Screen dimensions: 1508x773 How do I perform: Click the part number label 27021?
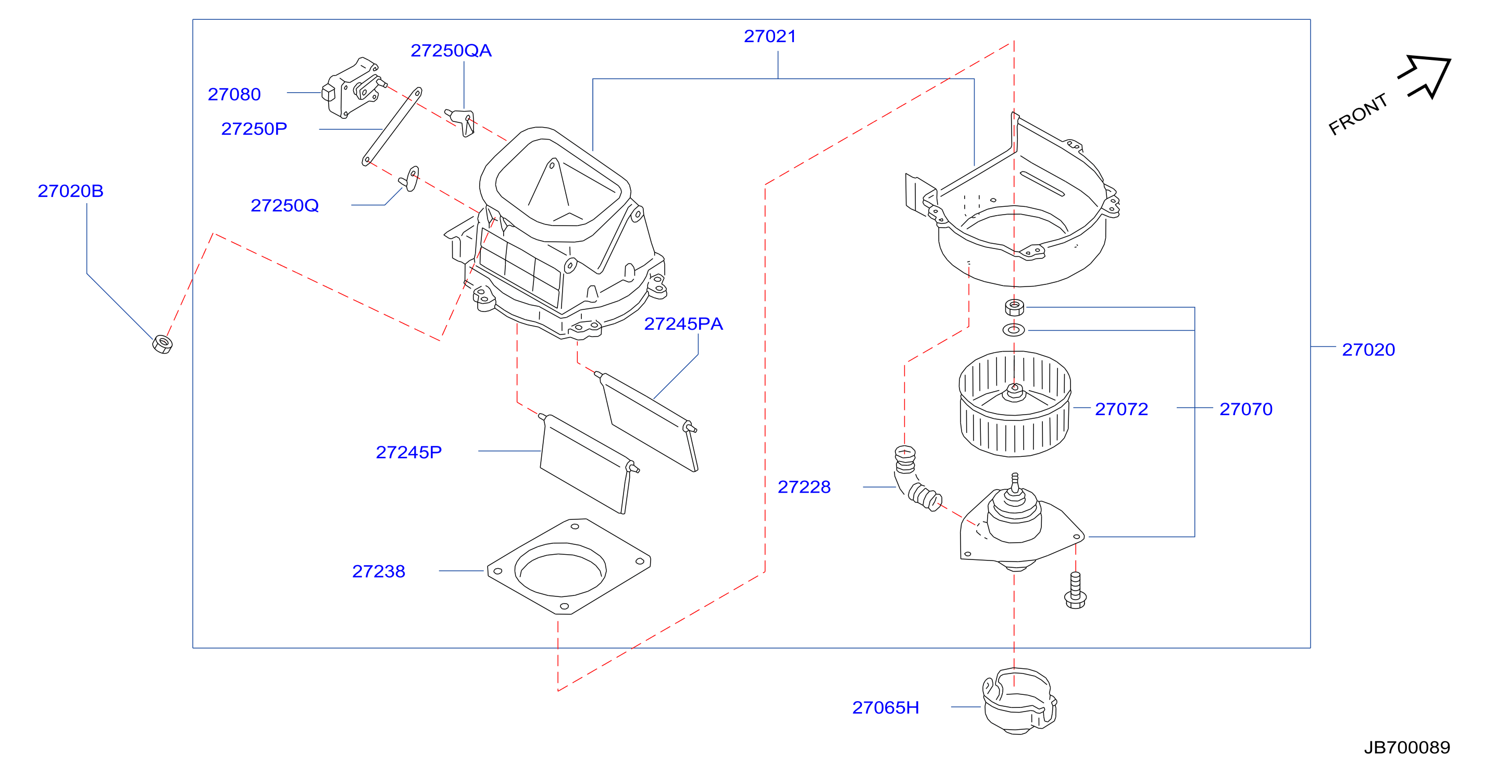[x=770, y=36]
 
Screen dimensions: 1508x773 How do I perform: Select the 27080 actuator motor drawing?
[x=354, y=88]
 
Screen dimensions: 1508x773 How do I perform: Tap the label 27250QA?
[x=451, y=51]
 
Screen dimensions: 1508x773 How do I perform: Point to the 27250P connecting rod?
[x=392, y=127]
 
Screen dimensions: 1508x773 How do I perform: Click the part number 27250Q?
[x=284, y=206]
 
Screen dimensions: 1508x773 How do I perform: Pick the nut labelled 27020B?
[x=162, y=344]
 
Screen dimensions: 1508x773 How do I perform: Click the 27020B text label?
[x=70, y=191]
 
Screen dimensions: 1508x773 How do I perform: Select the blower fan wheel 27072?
[x=1015, y=404]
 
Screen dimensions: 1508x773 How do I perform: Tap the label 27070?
[x=1246, y=409]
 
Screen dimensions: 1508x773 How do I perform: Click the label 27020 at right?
[x=1368, y=350]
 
